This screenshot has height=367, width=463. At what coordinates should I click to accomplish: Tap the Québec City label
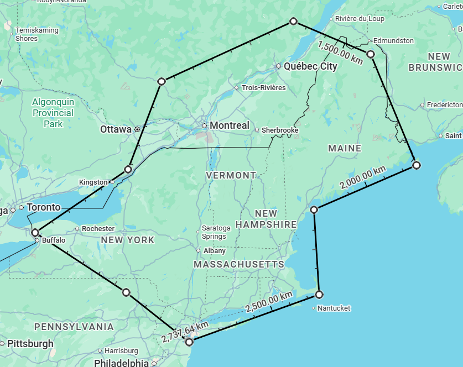click(x=310, y=66)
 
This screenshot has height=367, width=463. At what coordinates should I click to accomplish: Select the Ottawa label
click(x=116, y=129)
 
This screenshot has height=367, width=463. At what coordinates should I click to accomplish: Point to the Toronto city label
click(x=43, y=207)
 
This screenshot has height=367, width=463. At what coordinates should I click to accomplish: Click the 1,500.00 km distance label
click(x=340, y=52)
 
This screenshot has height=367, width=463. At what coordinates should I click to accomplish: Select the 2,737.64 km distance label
click(x=185, y=331)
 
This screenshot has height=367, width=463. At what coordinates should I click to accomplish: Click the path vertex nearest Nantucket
click(x=319, y=294)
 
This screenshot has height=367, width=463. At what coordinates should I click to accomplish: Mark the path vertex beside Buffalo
click(x=35, y=233)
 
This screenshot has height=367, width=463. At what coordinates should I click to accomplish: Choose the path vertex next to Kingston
click(x=128, y=169)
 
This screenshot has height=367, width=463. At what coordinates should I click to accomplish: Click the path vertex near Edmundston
click(x=371, y=54)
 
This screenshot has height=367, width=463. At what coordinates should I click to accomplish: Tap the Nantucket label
click(x=334, y=308)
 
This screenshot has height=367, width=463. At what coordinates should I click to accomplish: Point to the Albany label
click(x=215, y=250)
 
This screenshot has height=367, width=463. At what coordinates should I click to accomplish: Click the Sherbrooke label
click(x=280, y=130)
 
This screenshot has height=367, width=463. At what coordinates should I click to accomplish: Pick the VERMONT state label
click(x=231, y=175)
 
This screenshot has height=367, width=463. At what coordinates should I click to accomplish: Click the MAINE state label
click(x=345, y=148)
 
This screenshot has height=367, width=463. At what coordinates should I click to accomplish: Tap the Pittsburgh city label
click(x=30, y=344)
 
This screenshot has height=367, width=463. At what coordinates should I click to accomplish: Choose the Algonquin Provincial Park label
click(x=53, y=113)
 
